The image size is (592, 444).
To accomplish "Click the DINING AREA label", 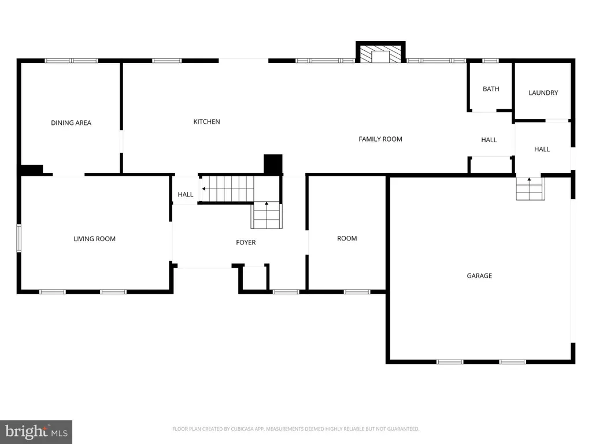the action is (x=71, y=123).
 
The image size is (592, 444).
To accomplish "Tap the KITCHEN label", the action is (x=206, y=121).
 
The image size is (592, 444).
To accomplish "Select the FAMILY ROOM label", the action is (x=380, y=139).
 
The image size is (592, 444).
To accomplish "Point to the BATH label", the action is (x=491, y=88).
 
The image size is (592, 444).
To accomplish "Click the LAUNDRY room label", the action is (x=543, y=92).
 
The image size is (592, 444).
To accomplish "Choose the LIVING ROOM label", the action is (x=94, y=239).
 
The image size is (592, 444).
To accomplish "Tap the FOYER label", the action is (x=246, y=242).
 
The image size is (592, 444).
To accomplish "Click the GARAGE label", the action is (x=479, y=276).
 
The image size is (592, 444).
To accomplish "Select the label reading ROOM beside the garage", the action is (x=347, y=238).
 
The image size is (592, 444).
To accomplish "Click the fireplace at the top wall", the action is (x=380, y=53).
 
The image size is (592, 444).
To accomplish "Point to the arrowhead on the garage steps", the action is (x=529, y=179).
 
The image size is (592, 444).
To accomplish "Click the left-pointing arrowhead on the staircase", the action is (x=204, y=189).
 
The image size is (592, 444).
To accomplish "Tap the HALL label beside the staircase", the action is (x=186, y=194).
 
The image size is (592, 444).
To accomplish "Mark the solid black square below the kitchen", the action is (x=273, y=164).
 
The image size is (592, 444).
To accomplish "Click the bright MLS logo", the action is (x=36, y=432).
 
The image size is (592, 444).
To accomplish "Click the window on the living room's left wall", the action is (x=18, y=238).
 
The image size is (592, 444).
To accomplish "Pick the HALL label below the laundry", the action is (x=542, y=149).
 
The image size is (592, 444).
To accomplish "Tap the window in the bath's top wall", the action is (x=490, y=60).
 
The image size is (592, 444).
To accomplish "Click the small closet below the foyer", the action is (x=255, y=277).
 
